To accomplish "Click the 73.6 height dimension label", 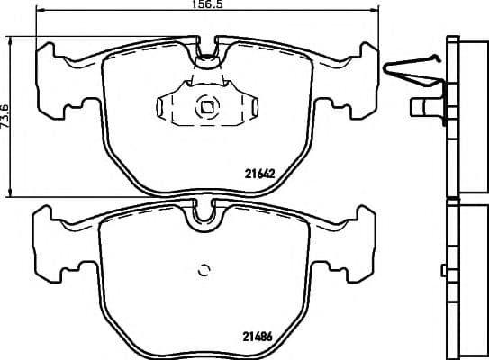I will click(x=5, y=116).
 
